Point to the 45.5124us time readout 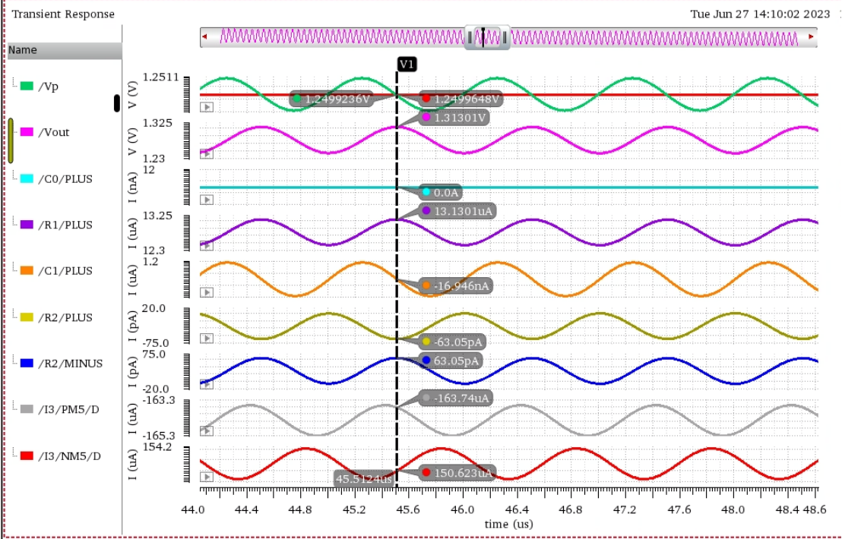click(x=365, y=478)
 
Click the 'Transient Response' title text click(x=63, y=14)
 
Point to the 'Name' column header click(x=23, y=50)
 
